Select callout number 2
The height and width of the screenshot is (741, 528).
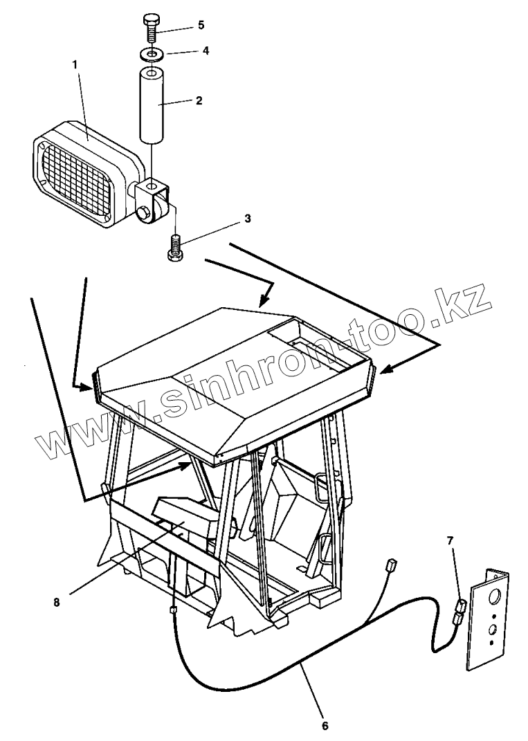pyautogui.click(x=199, y=100)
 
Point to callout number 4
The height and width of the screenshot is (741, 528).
pyautogui.click(x=206, y=51)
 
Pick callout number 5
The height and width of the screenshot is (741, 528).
pyautogui.click(x=201, y=25)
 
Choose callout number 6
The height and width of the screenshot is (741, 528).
pyautogui.click(x=325, y=726)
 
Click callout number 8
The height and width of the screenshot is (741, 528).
pyautogui.click(x=57, y=601)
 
